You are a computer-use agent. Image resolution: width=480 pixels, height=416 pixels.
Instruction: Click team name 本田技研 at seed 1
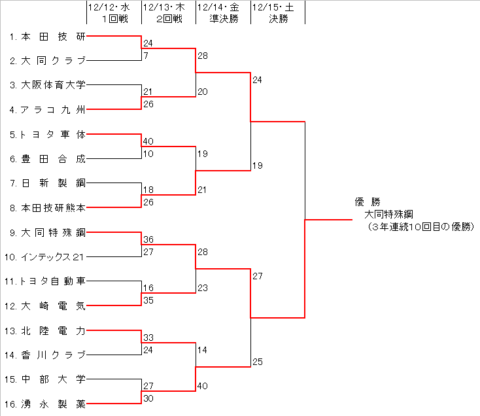[x=53, y=37]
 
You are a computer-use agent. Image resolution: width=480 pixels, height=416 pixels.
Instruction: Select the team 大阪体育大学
[x=53, y=85]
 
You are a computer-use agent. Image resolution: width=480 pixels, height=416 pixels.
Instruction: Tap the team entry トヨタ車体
[x=53, y=134]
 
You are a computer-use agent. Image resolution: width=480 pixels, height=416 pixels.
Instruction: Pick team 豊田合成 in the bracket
[x=53, y=158]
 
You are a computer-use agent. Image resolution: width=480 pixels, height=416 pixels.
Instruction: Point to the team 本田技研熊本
[x=53, y=207]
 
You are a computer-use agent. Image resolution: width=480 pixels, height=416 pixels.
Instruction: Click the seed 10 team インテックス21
[x=53, y=256]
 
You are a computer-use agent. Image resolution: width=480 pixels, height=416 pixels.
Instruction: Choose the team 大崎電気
[x=53, y=305]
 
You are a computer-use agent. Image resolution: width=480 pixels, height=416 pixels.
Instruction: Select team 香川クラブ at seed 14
[x=53, y=355]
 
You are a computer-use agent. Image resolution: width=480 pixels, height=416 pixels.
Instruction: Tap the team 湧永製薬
[x=53, y=404]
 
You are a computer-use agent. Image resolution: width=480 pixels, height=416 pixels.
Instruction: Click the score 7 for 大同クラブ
[x=146, y=56]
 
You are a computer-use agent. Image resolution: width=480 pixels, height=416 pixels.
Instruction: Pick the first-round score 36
[x=148, y=239]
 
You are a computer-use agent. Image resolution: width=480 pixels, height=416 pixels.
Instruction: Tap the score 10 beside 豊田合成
[x=148, y=154]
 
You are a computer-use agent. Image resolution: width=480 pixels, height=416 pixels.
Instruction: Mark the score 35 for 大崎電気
[x=148, y=301]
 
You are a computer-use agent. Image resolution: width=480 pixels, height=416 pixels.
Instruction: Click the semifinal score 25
[x=257, y=362]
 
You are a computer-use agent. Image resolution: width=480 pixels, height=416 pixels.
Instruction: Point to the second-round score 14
[x=202, y=350]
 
